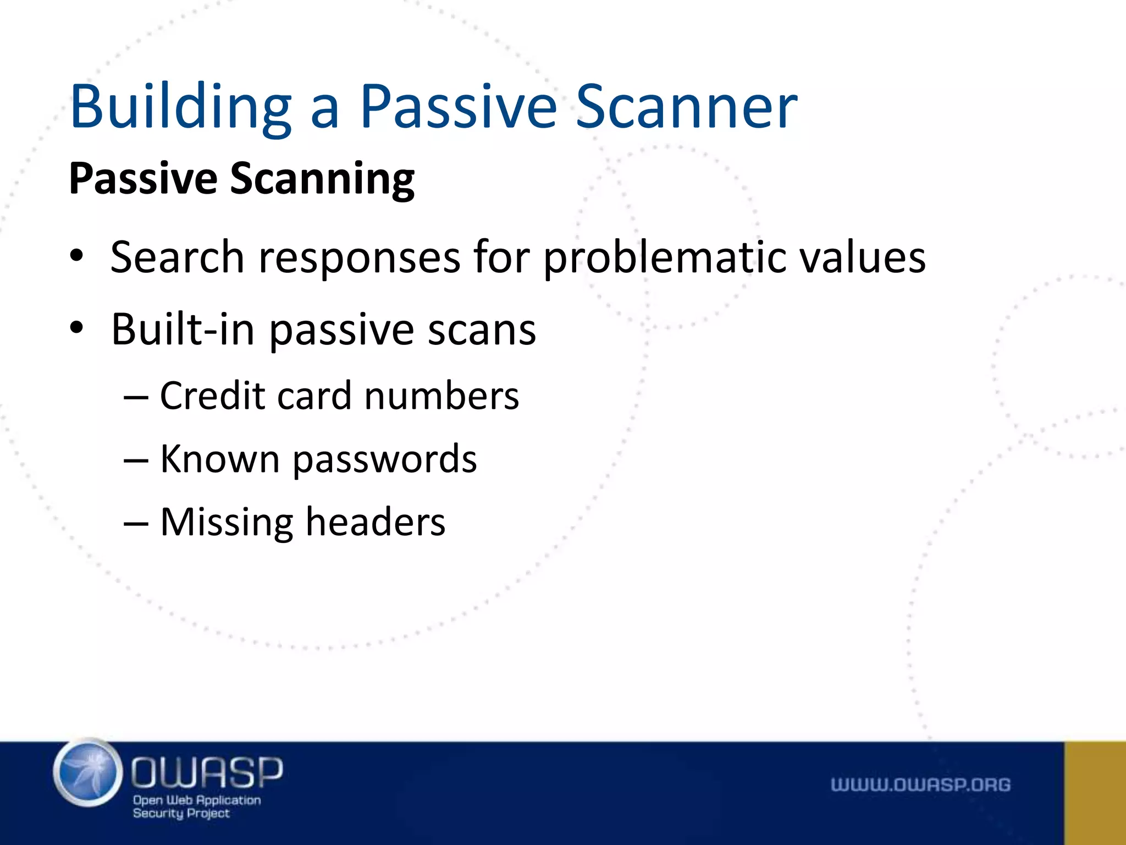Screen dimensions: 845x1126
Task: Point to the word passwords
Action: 384,460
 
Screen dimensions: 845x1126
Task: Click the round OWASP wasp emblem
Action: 88,773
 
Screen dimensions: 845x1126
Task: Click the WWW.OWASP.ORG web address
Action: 920,784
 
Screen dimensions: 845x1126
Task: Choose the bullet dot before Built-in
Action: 76,327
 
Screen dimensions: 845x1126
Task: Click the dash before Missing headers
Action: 136,523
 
